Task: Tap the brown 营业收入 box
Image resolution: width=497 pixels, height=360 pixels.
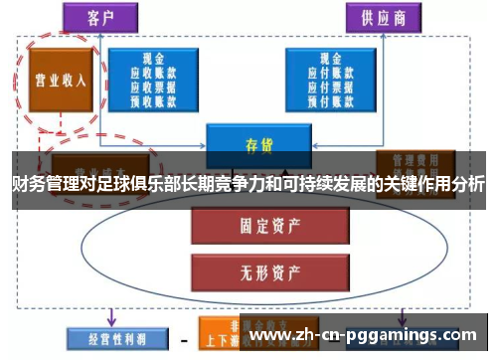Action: (x=57, y=81)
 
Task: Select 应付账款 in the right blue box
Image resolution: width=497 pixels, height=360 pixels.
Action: (x=322, y=72)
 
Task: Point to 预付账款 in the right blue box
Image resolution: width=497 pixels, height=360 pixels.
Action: (x=322, y=100)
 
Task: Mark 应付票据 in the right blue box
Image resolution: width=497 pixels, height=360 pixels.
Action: (x=322, y=87)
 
